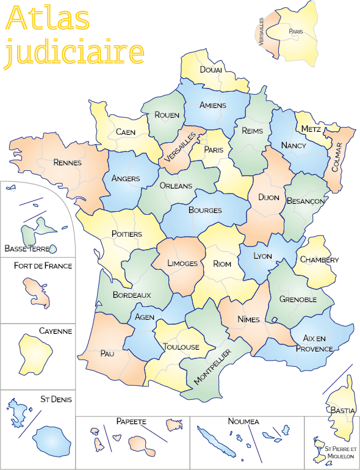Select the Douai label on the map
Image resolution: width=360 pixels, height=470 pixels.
click(x=211, y=70)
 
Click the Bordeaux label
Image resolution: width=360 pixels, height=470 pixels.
click(x=132, y=294)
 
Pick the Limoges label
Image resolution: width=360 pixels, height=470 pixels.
click(x=182, y=263)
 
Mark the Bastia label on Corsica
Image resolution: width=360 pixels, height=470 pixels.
click(x=342, y=411)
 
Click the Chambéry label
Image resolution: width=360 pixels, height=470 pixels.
click(x=319, y=259)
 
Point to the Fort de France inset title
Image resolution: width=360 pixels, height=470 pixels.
click(x=43, y=266)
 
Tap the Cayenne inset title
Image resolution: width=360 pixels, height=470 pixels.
click(x=56, y=331)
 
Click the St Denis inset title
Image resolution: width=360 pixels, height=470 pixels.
click(x=56, y=399)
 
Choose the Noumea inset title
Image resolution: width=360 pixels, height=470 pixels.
click(x=243, y=421)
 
